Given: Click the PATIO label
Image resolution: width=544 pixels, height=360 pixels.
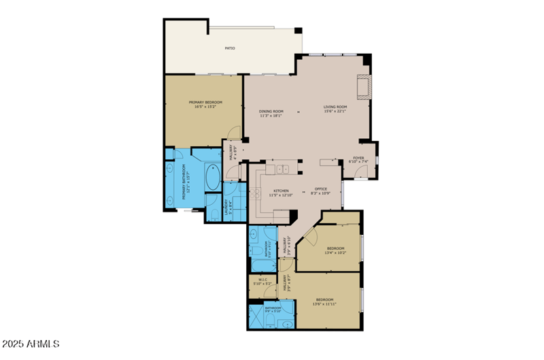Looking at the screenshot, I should (x=231, y=49).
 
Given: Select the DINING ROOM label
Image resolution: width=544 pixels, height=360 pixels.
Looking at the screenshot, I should (x=271, y=111).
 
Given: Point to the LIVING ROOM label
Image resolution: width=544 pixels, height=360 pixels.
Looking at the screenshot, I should (x=335, y=107).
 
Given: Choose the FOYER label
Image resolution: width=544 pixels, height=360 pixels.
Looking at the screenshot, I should (x=358, y=157).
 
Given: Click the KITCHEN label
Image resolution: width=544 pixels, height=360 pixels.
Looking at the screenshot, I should (x=281, y=191).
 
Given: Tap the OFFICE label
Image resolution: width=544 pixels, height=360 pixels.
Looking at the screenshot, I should (x=321, y=189).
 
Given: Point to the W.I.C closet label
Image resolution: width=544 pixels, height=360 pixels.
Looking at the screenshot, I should (x=262, y=279).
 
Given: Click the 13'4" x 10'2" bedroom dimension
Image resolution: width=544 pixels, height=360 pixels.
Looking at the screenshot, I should (x=335, y=252).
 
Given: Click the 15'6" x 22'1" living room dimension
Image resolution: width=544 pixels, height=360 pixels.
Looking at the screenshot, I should (x=335, y=112).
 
